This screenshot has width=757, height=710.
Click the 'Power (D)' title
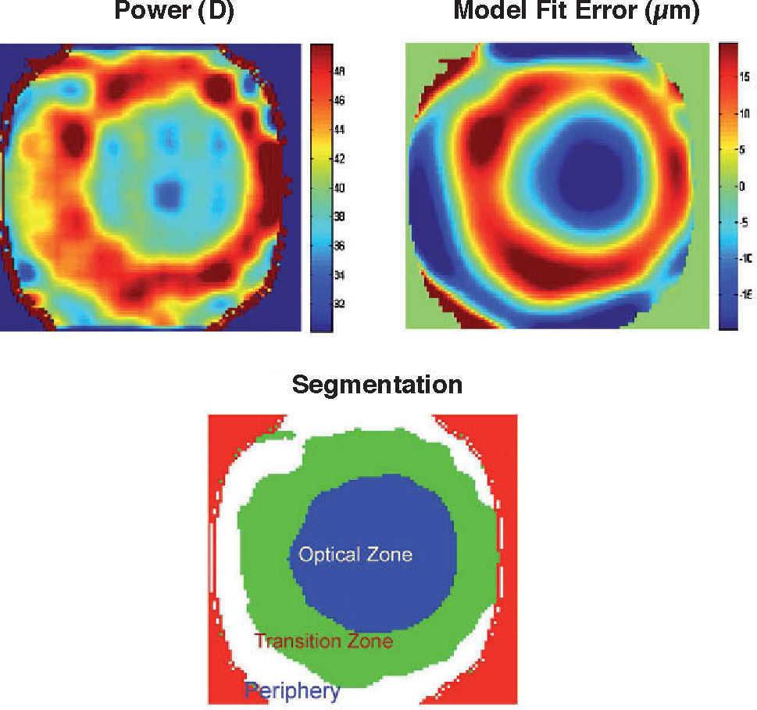[173, 12]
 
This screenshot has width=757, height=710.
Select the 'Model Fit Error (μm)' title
[577, 12]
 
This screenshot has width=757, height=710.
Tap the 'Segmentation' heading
[377, 385]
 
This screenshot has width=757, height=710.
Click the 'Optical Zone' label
[355, 555]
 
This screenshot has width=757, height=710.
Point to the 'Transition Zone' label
[323, 642]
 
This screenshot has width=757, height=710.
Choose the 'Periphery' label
[292, 690]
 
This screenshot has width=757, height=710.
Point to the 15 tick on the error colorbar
[745, 77]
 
